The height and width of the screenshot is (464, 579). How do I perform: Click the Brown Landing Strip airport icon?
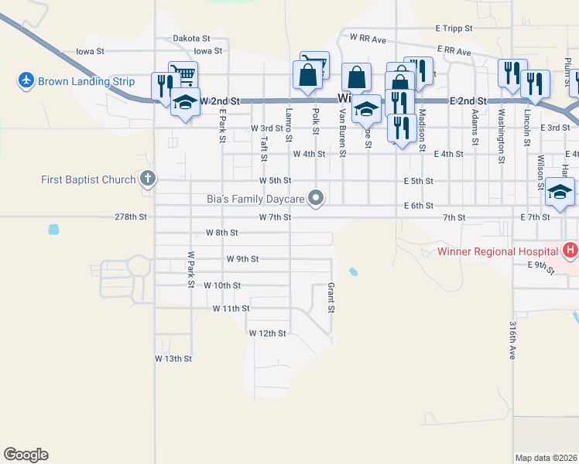(26, 80)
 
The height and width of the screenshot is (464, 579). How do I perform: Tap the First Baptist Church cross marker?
(148, 179)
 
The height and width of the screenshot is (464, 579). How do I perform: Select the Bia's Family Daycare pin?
(316, 199)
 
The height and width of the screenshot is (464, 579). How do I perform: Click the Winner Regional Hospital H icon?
(570, 250)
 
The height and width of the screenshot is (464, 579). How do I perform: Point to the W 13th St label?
(173, 359)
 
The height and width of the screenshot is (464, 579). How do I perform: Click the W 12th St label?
(267, 333)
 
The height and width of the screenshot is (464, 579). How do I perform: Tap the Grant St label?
(331, 298)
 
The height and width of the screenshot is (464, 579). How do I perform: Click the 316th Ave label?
(512, 340)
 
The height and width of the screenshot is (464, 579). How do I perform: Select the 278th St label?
(131, 217)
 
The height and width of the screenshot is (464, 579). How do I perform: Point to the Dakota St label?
(191, 38)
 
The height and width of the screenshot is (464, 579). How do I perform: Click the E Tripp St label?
(454, 28)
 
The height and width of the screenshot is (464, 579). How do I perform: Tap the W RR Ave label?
(368, 37)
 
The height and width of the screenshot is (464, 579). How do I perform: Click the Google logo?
(26, 455)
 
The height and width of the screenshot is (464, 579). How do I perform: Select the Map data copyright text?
(546, 458)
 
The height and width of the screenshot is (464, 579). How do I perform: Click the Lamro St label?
(289, 125)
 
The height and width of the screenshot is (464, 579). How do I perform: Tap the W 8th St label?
(221, 232)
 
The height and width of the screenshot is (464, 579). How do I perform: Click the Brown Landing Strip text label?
(86, 81)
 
